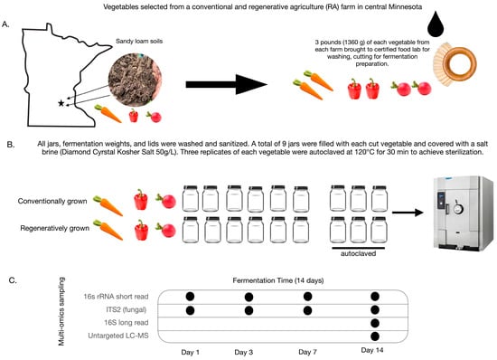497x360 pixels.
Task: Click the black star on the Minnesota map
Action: pos(61,103)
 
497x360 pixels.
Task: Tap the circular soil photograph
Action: pos(135,80)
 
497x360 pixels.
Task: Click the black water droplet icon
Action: pos(436,24)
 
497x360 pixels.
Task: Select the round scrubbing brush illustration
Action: pos(455,64)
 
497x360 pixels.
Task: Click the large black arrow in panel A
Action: pos(227,84)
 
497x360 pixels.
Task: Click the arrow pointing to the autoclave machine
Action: pos(408,213)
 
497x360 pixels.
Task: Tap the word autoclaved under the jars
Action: pos(358,254)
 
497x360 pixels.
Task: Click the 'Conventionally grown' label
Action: pos(52,201)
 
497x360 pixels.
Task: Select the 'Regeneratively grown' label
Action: pos(54,228)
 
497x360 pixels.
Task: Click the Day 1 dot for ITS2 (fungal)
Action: pos(190,310)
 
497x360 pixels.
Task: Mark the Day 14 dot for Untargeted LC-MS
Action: pos(375,336)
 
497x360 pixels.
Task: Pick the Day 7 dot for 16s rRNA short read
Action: pos(307,297)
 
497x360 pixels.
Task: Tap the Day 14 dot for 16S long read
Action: pos(375,323)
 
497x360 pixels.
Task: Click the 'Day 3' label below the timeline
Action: pos(243,352)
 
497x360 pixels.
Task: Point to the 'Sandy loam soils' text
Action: pos(139,42)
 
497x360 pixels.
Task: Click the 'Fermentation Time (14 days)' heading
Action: pos(278,280)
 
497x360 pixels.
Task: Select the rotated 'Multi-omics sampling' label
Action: pos(61,311)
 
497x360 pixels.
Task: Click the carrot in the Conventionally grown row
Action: pos(108,205)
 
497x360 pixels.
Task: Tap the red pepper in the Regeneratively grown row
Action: pos(141,231)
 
